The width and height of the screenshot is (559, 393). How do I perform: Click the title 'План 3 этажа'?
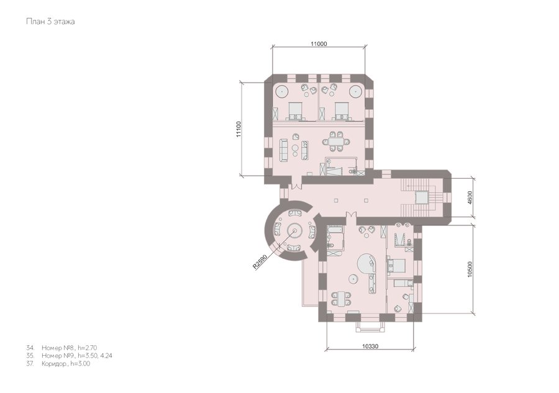pos(50,22)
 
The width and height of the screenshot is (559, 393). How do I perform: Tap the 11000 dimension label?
pos(319,44)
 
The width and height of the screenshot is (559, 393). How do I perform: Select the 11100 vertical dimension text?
pos(239,129)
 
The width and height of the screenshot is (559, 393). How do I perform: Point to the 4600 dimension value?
pos(470,197)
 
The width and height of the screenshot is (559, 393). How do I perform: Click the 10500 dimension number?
pos(470,269)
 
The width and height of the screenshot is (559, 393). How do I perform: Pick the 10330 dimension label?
pos(370,346)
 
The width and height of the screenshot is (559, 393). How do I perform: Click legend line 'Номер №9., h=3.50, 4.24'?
pos(69,356)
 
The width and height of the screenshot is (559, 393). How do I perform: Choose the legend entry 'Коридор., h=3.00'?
pos(58,364)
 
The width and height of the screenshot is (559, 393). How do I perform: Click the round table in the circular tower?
pos(295,231)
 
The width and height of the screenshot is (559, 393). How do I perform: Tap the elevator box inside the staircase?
pos(421,197)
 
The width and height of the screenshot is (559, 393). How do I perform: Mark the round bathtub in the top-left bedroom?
pos(281,91)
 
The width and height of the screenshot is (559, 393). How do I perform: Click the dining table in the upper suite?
pos(336,142)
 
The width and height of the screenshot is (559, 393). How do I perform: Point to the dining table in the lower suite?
pos(341,299)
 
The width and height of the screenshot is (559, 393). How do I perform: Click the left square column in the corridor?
pos(336,201)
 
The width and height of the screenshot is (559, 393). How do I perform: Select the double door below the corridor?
pos(350,215)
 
